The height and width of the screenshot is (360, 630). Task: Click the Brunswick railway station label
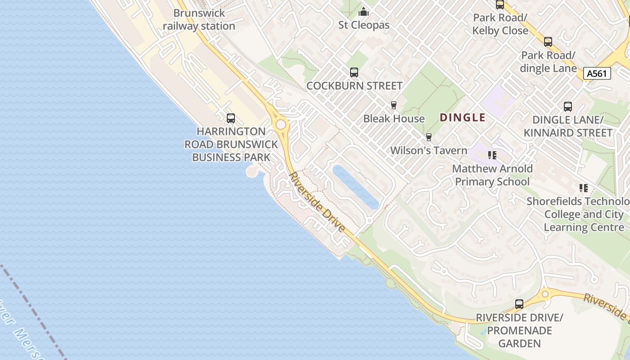[199, 20]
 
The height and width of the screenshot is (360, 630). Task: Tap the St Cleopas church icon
[364, 12]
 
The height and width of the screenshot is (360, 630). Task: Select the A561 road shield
[597, 73]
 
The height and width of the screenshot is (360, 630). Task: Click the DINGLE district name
[463, 118]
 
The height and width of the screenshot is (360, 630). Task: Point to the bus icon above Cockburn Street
[354, 72]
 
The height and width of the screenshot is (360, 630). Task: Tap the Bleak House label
[394, 119]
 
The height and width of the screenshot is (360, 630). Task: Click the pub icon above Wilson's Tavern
[428, 137]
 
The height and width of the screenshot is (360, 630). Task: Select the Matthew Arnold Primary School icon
[492, 155]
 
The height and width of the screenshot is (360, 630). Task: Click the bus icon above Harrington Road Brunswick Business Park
[231, 118]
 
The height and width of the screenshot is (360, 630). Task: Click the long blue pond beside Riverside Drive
[355, 187]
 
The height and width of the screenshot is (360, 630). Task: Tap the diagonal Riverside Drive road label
[317, 202]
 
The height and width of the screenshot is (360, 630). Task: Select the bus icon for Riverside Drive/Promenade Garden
[519, 304]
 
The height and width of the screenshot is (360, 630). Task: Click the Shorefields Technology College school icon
[584, 188]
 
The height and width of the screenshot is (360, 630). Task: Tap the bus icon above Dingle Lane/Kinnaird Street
[568, 107]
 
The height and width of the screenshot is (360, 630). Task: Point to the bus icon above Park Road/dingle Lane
[548, 42]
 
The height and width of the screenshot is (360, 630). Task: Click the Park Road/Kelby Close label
[500, 24]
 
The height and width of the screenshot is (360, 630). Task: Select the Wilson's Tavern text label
[428, 150]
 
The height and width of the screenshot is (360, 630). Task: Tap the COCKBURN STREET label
[354, 85]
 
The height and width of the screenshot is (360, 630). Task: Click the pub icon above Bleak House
[394, 105]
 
